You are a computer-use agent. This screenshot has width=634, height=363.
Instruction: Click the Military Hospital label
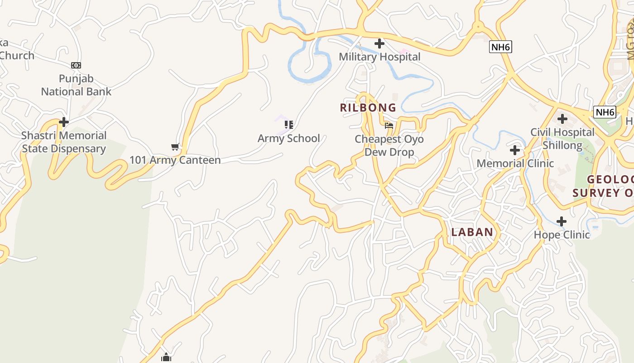(379, 57)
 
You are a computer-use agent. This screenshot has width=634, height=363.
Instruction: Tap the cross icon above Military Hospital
(379, 44)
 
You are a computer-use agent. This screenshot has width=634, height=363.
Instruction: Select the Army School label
(289, 138)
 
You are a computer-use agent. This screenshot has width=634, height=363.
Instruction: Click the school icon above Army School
(289, 124)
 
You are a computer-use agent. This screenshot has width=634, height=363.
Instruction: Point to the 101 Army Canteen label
(175, 160)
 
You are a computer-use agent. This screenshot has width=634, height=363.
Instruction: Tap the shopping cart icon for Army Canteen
(175, 147)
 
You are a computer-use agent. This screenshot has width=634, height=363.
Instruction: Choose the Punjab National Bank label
(76, 85)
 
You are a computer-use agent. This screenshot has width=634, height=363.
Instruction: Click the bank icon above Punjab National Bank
(76, 65)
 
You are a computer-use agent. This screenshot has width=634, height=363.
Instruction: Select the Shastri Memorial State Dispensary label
(64, 142)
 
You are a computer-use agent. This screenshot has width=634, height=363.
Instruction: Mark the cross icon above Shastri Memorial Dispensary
(64, 122)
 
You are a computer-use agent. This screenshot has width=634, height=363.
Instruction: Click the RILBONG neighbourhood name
(368, 108)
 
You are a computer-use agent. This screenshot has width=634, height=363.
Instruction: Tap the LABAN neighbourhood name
(472, 232)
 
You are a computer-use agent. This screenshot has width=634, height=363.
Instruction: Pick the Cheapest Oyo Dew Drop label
(389, 145)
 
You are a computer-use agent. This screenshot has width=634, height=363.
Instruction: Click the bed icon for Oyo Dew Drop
(389, 126)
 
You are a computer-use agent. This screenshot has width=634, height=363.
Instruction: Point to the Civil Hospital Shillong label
(562, 139)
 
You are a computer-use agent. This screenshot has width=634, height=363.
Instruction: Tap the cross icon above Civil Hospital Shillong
(562, 119)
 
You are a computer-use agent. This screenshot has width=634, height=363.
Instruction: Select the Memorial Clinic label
(515, 163)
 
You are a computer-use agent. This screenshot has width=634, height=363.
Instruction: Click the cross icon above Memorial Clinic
(515, 150)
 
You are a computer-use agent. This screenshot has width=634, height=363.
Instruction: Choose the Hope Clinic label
(562, 235)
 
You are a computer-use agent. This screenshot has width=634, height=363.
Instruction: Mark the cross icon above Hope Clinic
(562, 221)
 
